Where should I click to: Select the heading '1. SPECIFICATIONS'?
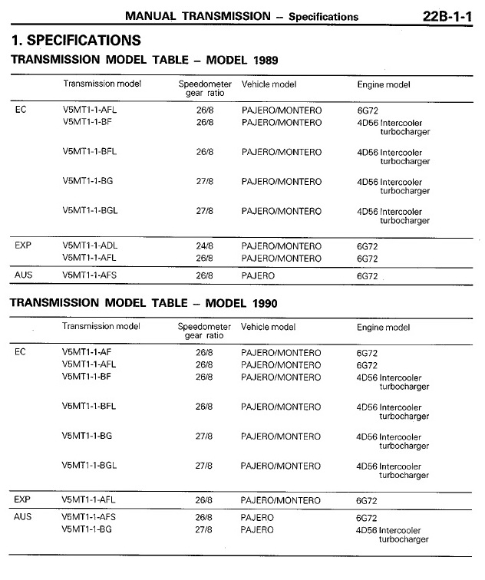click(76, 40)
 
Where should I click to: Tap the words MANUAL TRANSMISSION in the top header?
click(199, 15)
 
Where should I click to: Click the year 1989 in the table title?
click(262, 59)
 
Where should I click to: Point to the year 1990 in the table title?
click(262, 303)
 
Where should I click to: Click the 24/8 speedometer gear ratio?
click(204, 246)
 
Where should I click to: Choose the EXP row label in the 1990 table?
click(23, 499)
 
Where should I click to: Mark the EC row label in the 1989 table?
click(21, 110)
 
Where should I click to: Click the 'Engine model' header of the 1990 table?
click(383, 328)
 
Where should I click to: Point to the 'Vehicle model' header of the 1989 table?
click(269, 84)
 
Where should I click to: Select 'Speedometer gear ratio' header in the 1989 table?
click(204, 88)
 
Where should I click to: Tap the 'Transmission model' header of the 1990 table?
click(101, 327)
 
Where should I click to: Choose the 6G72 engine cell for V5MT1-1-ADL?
click(368, 247)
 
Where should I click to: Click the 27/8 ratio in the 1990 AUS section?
click(204, 529)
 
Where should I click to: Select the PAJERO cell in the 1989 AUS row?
click(258, 274)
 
